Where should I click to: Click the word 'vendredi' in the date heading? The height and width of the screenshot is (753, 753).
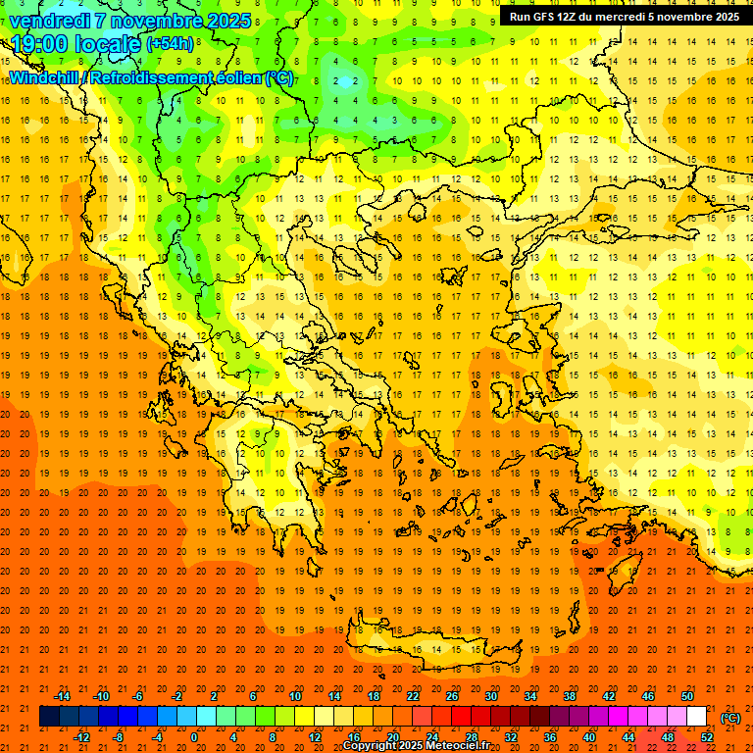point(50,20)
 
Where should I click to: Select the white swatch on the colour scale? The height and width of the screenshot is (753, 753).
point(697,717)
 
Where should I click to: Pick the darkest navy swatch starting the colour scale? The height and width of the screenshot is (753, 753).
point(49,717)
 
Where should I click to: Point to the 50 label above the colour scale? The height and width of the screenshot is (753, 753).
point(687,696)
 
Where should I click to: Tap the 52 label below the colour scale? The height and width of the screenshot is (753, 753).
point(707,737)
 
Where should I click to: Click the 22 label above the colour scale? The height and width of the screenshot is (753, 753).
point(413,696)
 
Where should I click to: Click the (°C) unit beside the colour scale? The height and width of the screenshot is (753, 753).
point(729,718)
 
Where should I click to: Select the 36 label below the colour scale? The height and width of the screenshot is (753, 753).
point(550,737)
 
